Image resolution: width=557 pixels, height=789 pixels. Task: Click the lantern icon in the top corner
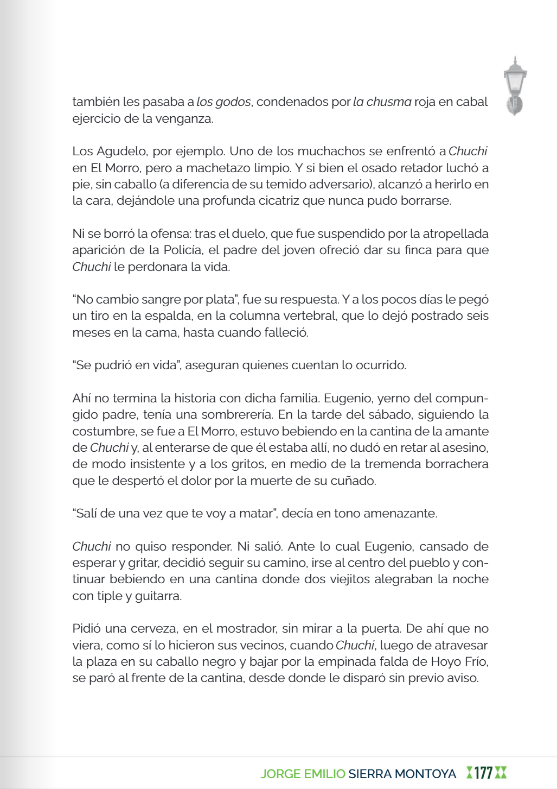(x=515, y=86)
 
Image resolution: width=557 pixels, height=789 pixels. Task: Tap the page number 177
(x=483, y=773)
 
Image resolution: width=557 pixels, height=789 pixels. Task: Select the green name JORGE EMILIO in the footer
(x=303, y=774)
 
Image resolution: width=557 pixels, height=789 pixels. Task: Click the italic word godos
(x=233, y=102)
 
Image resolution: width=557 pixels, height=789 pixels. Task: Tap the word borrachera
(x=457, y=464)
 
